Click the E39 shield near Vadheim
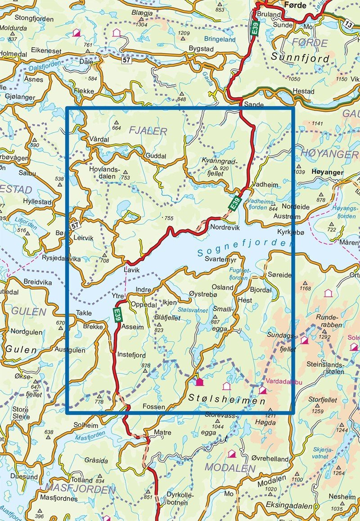click(235, 204)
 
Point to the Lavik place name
click(131, 270)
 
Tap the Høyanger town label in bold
click(327, 172)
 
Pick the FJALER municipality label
click(148, 131)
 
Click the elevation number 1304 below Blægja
click(141, 25)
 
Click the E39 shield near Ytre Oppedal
click(117, 314)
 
